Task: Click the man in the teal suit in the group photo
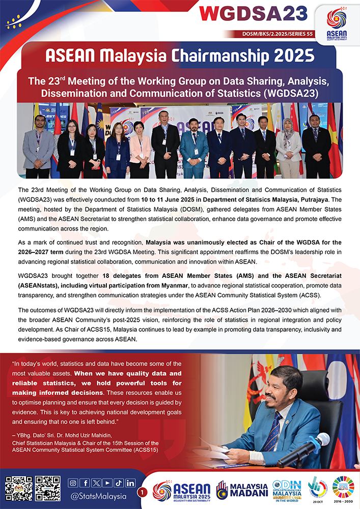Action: [194, 148]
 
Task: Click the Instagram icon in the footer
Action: [73, 483]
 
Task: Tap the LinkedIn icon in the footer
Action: [130, 483]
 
